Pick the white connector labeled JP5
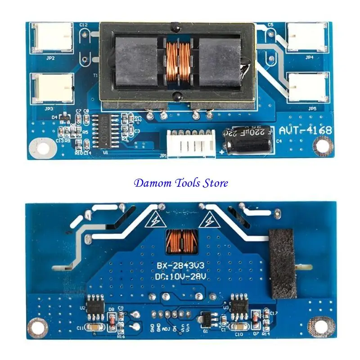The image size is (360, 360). tap(308, 87)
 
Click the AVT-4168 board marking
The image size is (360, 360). tap(305, 130)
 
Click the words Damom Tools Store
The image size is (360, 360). tap(180, 183)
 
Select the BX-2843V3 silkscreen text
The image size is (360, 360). tap(180, 264)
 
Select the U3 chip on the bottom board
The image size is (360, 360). tap(237, 303)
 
